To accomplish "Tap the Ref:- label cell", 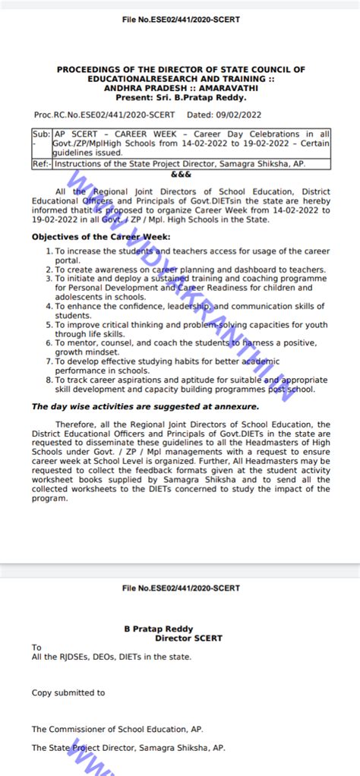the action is [41, 163].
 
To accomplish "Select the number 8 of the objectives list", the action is [49, 379].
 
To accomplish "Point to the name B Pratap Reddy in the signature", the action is [158, 629].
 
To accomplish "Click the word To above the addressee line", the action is [36, 648].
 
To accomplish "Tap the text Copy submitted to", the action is [68, 692].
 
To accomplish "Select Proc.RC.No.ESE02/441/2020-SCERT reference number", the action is [104, 115].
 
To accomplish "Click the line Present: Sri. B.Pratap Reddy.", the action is [180, 97].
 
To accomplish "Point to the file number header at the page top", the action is [180, 19].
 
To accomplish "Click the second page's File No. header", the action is [180, 588].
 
